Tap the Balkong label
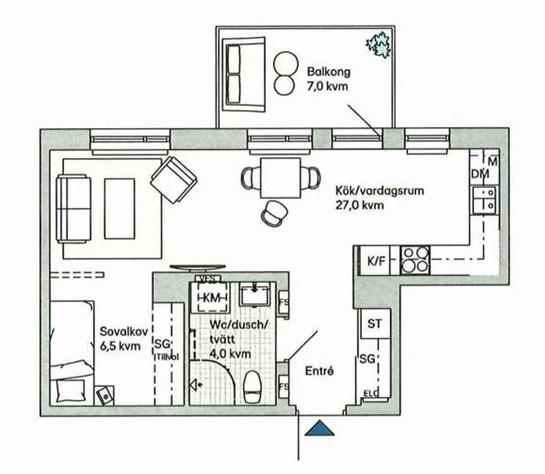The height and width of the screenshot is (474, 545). pos(328,71)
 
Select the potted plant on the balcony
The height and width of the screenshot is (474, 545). pos(377,45)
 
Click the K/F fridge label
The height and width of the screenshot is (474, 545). pos(375,260)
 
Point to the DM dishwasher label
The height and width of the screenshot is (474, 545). pos(479,176)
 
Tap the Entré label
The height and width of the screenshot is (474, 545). pos(320,371)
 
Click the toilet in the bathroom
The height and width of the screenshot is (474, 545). pos(252,387)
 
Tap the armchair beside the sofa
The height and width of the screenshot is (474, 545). pos(173,179)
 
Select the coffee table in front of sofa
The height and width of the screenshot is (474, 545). pos(119,208)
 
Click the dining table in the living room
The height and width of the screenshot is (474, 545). pos(281,178)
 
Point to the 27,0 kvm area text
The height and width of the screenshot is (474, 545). pos(359,205)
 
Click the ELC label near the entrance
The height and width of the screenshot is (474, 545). pos(371,395)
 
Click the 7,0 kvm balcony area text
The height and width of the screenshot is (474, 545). pos(327,86)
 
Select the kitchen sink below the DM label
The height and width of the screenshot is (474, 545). pos(485,198)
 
